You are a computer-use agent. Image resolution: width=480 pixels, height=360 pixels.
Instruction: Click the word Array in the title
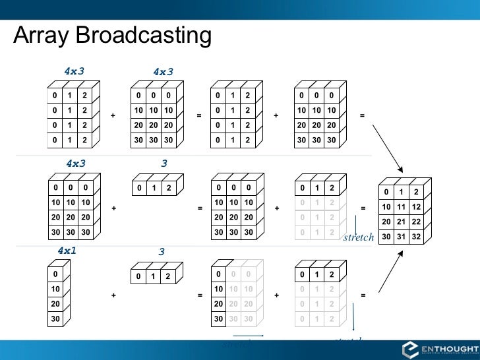pyautogui.click(x=43, y=36)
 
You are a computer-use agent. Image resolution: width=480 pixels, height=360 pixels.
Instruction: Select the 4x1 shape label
pyautogui.click(x=68, y=251)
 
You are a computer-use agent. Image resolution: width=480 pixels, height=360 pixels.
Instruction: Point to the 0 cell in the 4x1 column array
pyautogui.click(x=57, y=274)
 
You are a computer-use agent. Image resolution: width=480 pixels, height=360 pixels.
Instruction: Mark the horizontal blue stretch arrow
pyautogui.click(x=251, y=337)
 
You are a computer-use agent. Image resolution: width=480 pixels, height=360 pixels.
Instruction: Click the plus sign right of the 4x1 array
pyautogui.click(x=113, y=296)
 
